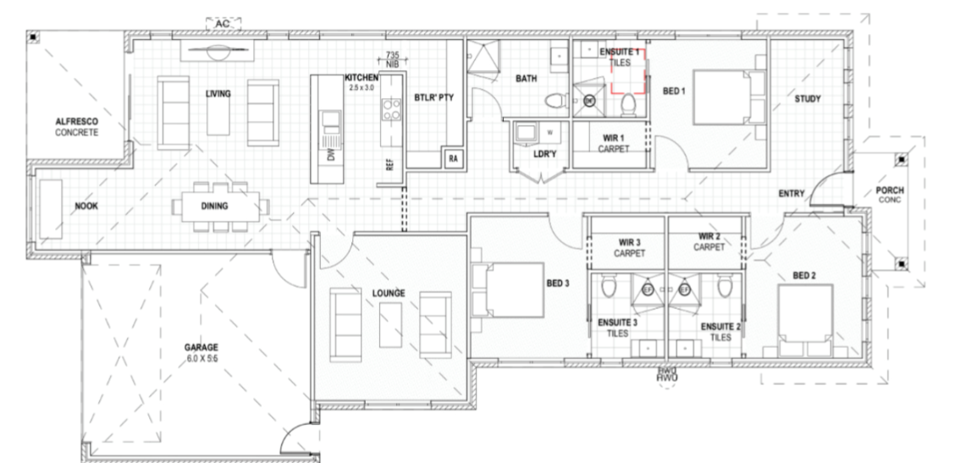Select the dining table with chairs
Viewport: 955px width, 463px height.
[219, 205]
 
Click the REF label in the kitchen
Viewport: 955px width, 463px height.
[389, 165]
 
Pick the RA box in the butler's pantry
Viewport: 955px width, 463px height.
[453, 158]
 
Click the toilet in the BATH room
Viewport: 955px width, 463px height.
[555, 102]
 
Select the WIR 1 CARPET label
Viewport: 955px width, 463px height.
[614, 142]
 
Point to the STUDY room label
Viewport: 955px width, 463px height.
[808, 99]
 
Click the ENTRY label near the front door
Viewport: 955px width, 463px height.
[791, 195]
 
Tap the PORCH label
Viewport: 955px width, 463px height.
[889, 195]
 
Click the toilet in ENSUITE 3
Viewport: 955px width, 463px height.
[607, 288]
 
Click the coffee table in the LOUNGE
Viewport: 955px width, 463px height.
[390, 324]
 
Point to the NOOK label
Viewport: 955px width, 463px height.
[87, 206]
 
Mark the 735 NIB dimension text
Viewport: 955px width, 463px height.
[392, 58]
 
